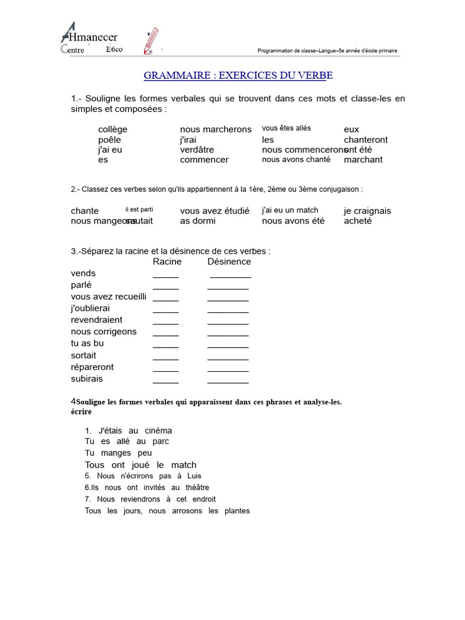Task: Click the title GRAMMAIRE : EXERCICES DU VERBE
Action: [x=238, y=76]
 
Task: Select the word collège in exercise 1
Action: [x=113, y=130]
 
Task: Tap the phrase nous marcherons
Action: [x=216, y=130]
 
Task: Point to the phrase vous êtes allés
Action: [x=286, y=128]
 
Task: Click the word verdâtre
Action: [x=197, y=150]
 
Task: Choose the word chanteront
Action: [x=366, y=140]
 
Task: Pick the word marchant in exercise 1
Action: [x=363, y=160]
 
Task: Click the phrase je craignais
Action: [x=368, y=211]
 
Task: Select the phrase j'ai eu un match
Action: [x=290, y=210]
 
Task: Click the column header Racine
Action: [x=167, y=262]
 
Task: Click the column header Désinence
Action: [x=229, y=262]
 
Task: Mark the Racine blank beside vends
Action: [x=165, y=275]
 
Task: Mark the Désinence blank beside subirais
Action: [x=228, y=382]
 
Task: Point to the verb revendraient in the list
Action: [x=96, y=320]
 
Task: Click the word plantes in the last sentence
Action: [x=237, y=511]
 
